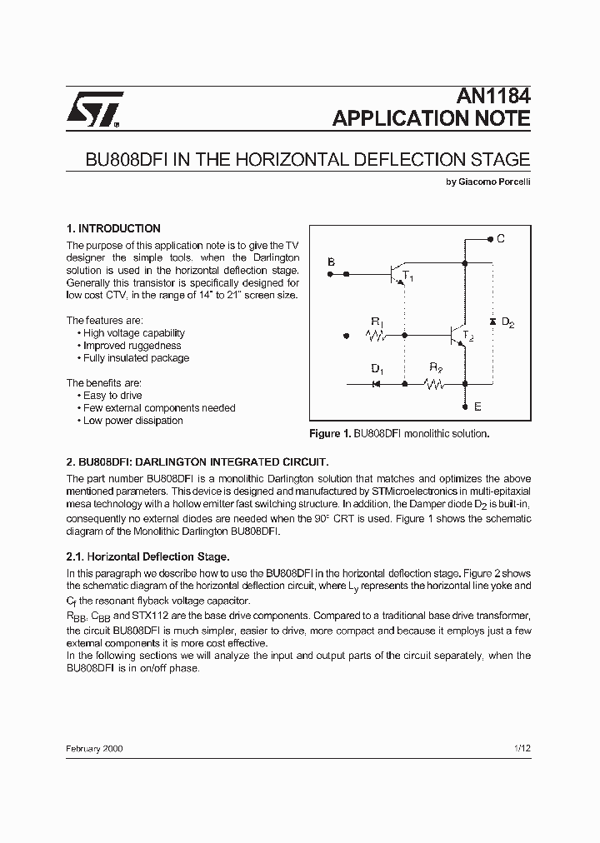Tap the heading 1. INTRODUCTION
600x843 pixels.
coord(113,228)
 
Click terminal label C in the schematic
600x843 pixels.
coord(501,239)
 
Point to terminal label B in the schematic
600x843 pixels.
coord(331,262)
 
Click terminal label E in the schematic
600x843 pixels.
coord(477,407)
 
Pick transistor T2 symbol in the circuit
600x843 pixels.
coord(457,336)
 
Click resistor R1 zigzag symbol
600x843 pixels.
coord(377,336)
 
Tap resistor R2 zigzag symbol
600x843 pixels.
coord(434,384)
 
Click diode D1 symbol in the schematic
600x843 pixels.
coord(376,384)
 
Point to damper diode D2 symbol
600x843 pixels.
coord(492,321)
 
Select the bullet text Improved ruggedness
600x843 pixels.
coord(132,346)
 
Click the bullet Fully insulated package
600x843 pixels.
coord(136,358)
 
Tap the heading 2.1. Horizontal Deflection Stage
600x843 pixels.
coord(147,556)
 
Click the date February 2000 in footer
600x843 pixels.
coord(94,749)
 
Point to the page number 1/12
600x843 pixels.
coord(522,749)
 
